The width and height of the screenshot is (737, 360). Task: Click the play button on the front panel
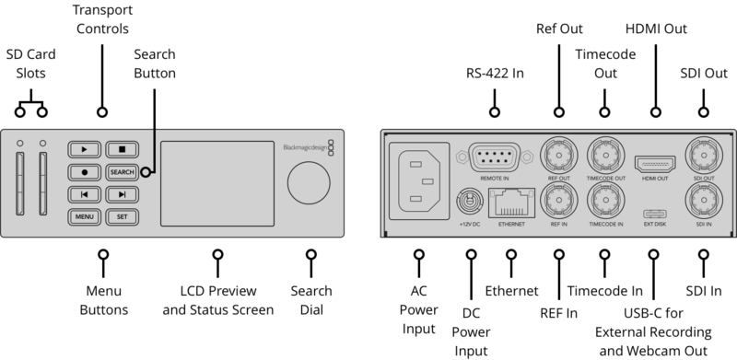(x=84, y=148)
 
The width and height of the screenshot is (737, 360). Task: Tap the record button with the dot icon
(x=84, y=171)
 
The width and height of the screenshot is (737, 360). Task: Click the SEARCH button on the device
(x=122, y=171)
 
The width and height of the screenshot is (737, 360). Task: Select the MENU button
(x=84, y=217)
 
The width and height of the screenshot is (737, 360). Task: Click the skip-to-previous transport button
(x=84, y=194)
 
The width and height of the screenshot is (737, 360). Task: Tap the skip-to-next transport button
(x=122, y=194)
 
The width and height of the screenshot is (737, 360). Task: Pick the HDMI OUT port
(x=654, y=154)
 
